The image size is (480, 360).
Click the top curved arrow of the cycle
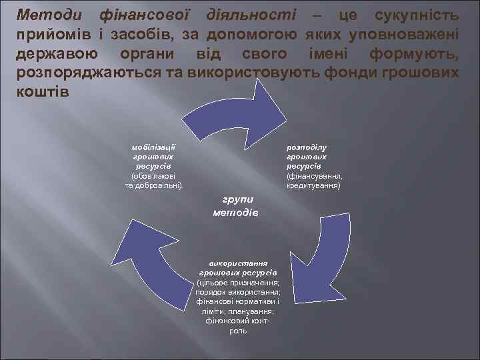coord(240,113)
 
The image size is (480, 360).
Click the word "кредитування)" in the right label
coord(313,185)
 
